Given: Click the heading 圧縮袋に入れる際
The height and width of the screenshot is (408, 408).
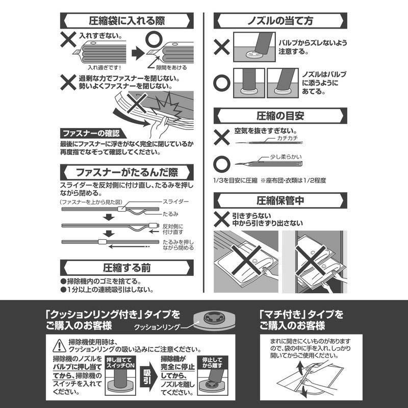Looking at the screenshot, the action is coord(126,20).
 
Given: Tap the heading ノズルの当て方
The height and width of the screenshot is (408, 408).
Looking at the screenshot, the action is coord(280,20).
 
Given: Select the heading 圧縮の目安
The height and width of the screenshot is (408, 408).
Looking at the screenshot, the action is coord(280,116).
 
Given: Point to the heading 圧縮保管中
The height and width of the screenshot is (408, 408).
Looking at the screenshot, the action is coord(280,200).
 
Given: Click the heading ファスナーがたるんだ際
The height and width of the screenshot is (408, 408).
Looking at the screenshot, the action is coord(126,172).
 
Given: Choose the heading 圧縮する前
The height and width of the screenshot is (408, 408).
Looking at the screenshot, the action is coord(126,267).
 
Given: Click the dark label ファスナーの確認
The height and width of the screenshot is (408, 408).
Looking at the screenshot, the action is coord(91,134).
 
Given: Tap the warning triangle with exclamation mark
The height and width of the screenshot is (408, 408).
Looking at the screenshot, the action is coord(59,346).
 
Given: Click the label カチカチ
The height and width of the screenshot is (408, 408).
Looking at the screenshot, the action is coord(287,138).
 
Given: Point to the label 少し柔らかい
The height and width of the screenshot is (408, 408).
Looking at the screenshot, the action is coord(286,157).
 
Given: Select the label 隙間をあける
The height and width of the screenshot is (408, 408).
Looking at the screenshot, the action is coord(171,68).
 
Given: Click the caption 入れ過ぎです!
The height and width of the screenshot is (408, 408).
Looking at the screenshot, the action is coord(105,68).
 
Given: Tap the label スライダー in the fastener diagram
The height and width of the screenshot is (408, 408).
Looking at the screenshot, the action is coord(175,201).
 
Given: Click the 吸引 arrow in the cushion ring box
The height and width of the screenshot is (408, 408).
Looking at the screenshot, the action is coord(147,375).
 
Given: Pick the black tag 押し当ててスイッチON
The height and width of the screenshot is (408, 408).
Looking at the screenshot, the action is coord(120,363).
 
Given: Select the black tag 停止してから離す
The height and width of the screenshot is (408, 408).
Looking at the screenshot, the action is coord(213,363).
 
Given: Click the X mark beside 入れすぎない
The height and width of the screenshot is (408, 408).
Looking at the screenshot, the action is coord(68,39).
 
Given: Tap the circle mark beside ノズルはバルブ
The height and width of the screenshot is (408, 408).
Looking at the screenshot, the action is coord(222,83).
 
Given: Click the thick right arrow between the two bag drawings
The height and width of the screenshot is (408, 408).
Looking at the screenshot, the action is coord(138,54).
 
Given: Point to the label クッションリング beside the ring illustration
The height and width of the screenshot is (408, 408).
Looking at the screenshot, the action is coord(157,327).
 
